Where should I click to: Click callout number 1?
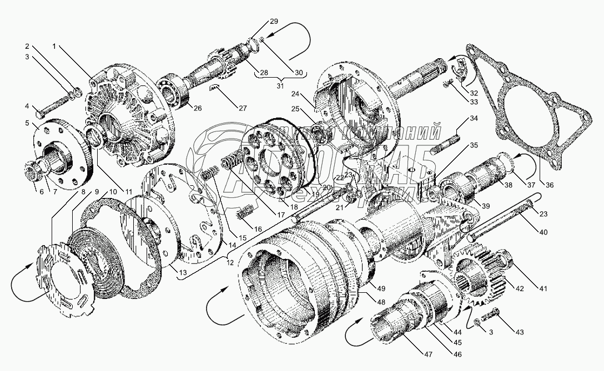pos(54,47)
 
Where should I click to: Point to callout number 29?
pos(273,21)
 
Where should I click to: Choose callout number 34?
pos(473,119)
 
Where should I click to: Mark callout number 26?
pos(197,108)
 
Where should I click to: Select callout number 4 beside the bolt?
pos(27,106)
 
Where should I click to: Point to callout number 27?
pos(243,108)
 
